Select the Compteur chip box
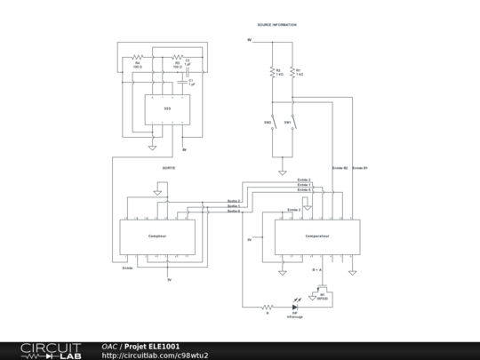click(x=158, y=236)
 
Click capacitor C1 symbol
click(x=188, y=82)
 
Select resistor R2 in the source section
click(x=271, y=71)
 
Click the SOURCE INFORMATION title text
click(x=276, y=25)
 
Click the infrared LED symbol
click(x=294, y=307)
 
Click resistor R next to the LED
click(x=265, y=308)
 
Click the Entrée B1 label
click(x=360, y=167)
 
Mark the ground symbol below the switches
click(x=283, y=171)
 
